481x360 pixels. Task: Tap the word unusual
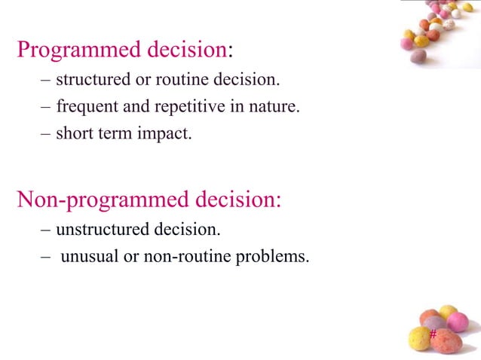pos(89,256)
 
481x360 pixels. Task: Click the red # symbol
pos(433,334)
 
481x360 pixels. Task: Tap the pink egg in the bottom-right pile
pos(458,322)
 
